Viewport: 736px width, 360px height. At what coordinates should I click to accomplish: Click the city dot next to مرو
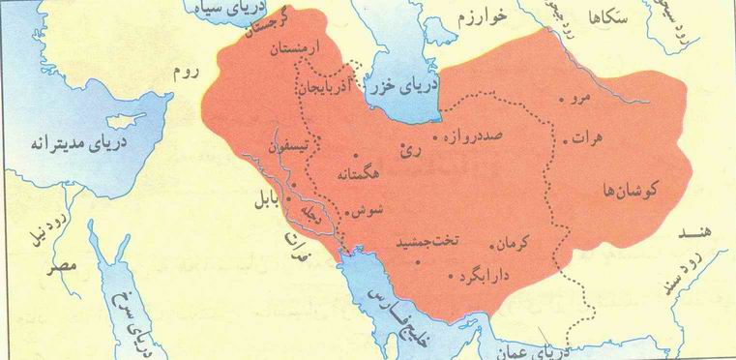(x=564, y=99)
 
